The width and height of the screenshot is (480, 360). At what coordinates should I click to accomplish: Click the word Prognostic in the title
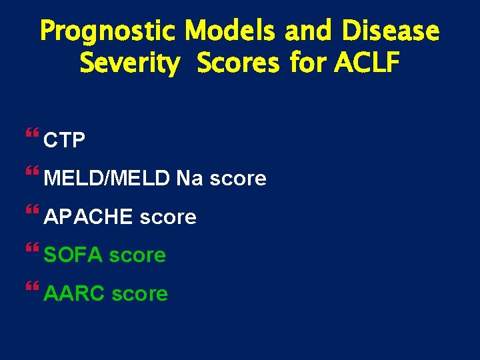(x=108, y=31)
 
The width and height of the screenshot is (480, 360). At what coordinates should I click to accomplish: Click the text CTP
(x=64, y=141)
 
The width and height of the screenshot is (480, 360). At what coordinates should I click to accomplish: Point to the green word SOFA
(x=73, y=255)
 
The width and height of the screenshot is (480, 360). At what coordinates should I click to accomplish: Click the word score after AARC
(x=140, y=293)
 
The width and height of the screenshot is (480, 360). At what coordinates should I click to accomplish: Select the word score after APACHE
(x=168, y=217)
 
